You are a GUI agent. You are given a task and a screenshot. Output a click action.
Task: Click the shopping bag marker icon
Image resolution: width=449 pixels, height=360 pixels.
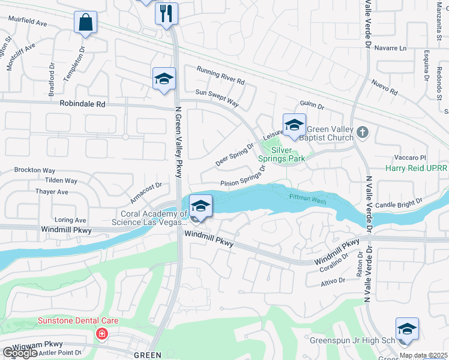click(85, 23)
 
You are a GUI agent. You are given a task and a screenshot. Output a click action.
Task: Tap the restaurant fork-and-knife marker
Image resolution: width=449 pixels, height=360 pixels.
click(166, 13)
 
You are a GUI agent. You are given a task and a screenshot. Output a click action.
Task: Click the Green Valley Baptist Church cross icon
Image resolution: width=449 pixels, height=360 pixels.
click(361, 131)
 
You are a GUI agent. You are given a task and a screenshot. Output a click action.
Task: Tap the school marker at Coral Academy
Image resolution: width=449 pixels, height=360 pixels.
click(200, 206)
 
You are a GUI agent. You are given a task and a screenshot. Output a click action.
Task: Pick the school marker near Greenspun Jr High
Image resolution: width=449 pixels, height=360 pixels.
click(407, 329)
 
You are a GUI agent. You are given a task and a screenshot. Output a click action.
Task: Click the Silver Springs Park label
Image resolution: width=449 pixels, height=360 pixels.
click(282, 154)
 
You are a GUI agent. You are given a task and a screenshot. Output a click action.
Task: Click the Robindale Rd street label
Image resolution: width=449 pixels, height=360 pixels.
click(82, 104)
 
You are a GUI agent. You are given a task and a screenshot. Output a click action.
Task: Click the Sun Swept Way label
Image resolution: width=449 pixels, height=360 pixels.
click(217, 98)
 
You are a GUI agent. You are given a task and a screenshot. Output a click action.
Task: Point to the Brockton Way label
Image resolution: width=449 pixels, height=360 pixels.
click(34, 170)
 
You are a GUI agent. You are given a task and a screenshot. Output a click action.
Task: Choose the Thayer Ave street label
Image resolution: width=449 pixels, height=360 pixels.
click(52, 192)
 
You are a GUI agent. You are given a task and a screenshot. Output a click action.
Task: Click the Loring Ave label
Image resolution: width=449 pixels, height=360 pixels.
click(70, 220)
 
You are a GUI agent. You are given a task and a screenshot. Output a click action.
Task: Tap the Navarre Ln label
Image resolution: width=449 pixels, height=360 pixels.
click(390, 47)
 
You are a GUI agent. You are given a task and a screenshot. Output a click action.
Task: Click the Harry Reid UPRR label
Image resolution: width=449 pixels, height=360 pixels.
click(417, 169)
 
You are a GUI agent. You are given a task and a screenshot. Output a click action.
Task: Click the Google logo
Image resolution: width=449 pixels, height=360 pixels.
click(20, 353)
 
